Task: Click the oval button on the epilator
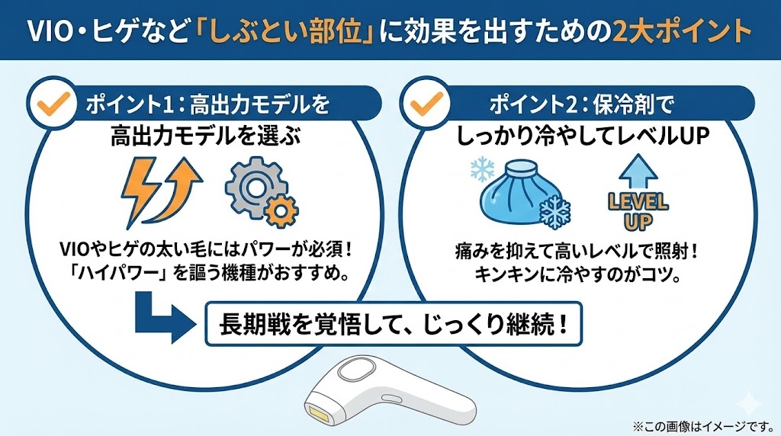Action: [353, 373]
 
